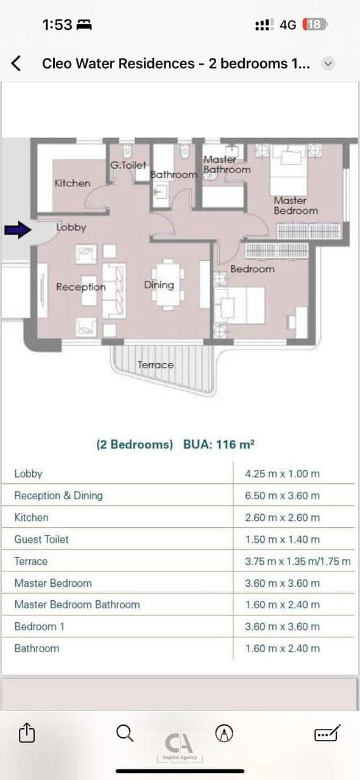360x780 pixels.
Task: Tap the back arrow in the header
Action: (16, 63)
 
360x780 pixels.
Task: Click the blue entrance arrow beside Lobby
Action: (18, 230)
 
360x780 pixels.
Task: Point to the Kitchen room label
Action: (72, 183)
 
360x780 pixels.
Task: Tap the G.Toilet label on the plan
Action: (128, 165)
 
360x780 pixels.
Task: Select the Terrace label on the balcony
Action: (155, 364)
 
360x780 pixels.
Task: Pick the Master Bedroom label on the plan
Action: (296, 205)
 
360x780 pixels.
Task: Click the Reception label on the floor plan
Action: (81, 287)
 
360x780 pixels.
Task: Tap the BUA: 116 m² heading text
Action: (219, 444)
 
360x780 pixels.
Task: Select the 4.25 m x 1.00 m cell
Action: (283, 473)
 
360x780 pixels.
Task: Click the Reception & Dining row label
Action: (58, 495)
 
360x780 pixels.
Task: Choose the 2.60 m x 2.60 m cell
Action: (283, 517)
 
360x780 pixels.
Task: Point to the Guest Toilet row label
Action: (41, 539)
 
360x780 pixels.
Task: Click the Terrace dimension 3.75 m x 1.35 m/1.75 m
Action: (298, 561)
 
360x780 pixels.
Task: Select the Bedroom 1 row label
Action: (40, 626)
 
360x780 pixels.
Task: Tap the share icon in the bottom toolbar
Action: (27, 732)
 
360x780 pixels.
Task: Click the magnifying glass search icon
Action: (125, 733)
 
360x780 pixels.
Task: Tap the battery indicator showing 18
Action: (315, 24)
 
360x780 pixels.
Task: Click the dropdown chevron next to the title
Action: (328, 64)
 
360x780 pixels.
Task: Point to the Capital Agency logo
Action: (179, 746)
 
